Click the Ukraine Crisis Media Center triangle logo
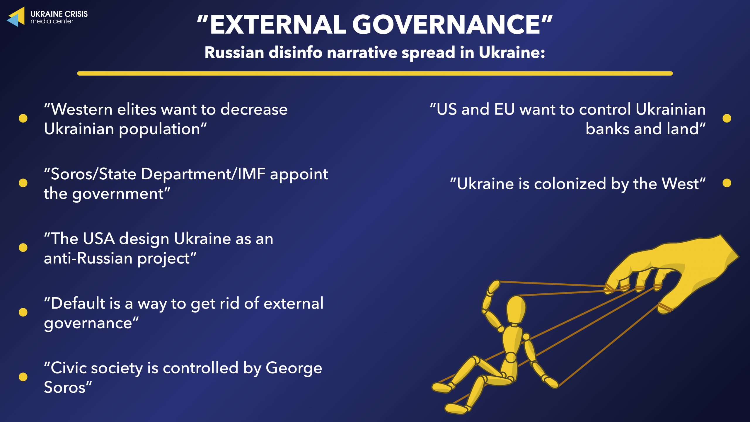coord(16,17)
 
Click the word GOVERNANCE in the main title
coord(446,25)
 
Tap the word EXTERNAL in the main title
coord(278,25)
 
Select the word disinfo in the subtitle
coord(296,53)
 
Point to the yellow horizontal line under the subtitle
coord(375,74)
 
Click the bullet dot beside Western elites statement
coord(23,118)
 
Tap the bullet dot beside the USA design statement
coord(23,248)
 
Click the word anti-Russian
coord(88,258)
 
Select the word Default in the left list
coord(78,303)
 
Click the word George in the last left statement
coord(294,369)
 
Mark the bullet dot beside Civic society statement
coord(23,377)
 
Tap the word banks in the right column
coord(607,129)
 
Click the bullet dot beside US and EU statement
coord(727,118)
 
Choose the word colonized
coord(570,184)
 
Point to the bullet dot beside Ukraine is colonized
coord(727,183)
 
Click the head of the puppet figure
coord(516,309)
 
